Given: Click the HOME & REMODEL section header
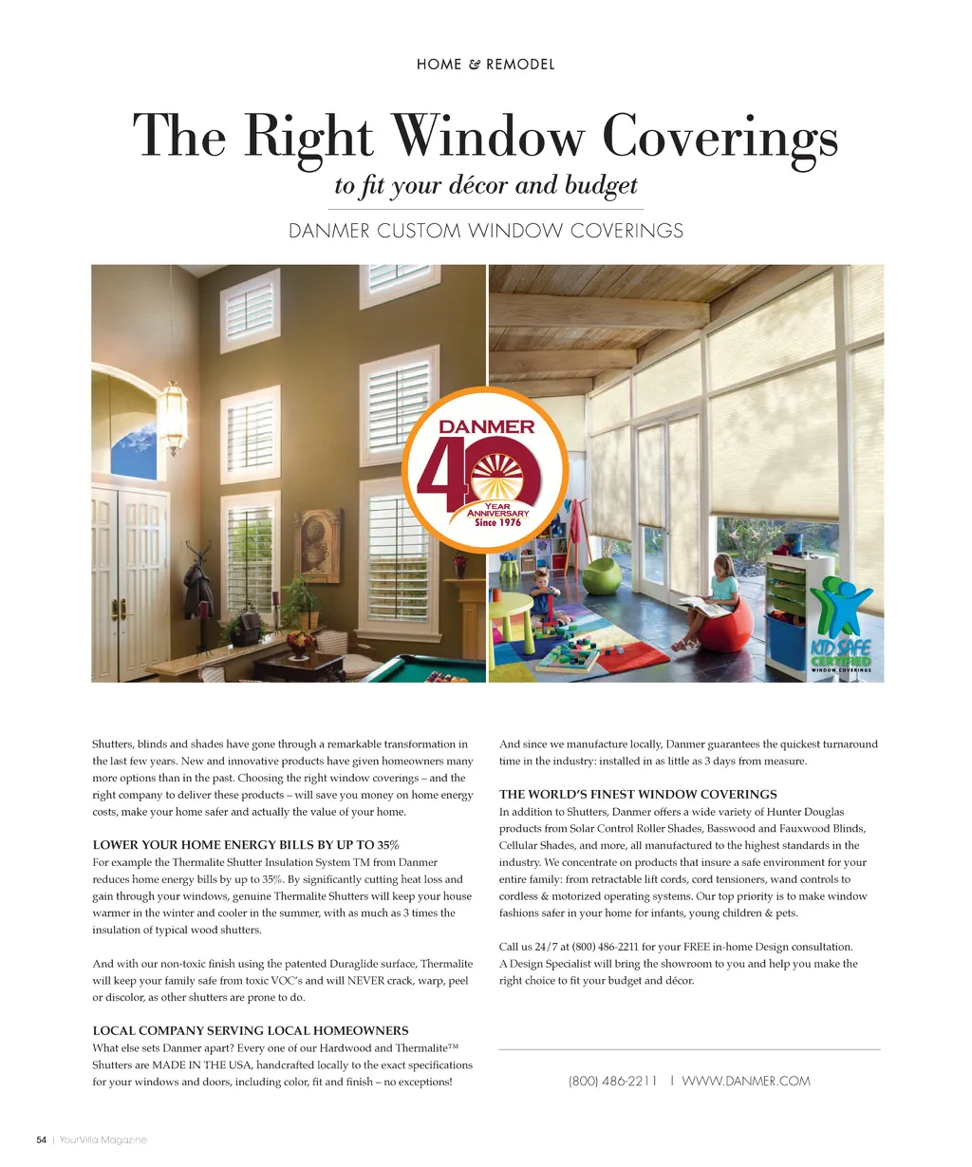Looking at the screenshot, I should (485, 65).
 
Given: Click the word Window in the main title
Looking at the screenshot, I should (488, 137).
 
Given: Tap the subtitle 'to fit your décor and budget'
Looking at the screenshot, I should (485, 184).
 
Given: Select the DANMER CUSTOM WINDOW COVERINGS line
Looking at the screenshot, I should (485, 231).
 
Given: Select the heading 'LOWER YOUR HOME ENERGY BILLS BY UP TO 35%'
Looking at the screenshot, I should (246, 845).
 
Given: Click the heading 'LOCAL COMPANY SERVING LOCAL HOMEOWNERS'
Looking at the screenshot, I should (251, 1030).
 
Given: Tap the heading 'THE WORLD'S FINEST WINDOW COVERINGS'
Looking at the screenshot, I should (638, 794).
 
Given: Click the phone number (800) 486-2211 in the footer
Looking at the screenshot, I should (612, 1081).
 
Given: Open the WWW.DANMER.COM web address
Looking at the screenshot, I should (746, 1081).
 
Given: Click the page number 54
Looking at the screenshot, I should (41, 1139).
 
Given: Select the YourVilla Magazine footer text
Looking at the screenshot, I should (103, 1139).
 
